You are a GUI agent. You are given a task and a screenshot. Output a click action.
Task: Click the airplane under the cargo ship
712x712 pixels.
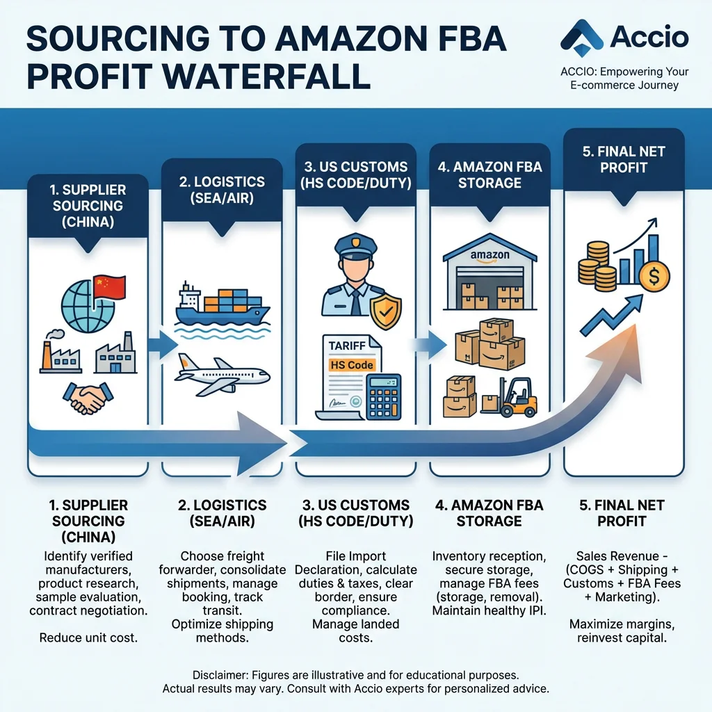pos(221,371)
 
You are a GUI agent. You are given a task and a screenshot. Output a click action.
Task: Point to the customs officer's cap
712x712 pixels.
pos(355,247)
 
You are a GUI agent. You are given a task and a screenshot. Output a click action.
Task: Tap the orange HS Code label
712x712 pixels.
pos(352,365)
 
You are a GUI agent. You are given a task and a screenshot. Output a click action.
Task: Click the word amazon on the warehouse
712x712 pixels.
pos(489,255)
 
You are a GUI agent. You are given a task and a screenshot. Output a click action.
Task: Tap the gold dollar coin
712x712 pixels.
pos(654,277)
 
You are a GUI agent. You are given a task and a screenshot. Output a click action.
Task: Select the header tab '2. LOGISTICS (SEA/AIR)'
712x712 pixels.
pos(222,189)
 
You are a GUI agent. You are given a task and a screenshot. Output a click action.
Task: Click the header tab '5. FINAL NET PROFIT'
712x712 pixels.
pos(624,159)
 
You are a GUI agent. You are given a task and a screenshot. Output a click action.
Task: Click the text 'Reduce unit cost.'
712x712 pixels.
pos(88,638)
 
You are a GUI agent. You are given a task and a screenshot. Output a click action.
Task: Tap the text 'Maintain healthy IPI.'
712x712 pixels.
pos(489,610)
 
